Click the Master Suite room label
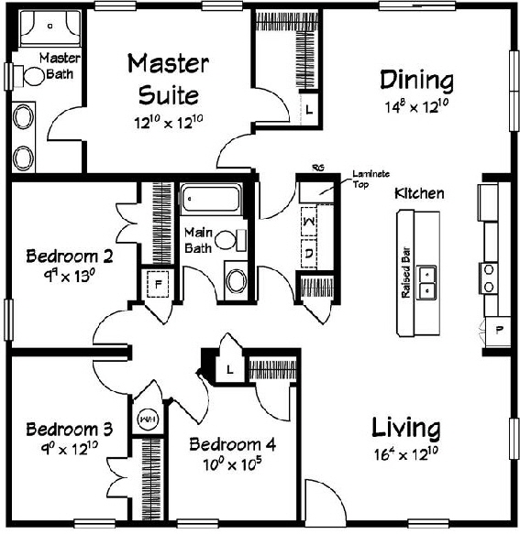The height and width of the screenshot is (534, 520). [168, 79]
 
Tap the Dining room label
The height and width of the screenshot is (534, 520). [417, 81]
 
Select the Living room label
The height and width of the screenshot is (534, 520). [405, 428]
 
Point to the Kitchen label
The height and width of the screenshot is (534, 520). [419, 194]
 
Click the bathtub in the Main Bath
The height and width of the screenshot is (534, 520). [210, 198]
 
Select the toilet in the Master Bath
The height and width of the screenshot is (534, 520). [34, 78]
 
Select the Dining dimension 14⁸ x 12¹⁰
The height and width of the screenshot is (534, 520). [417, 106]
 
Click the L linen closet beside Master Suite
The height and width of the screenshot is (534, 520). [309, 109]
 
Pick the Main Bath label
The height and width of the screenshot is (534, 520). [199, 240]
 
